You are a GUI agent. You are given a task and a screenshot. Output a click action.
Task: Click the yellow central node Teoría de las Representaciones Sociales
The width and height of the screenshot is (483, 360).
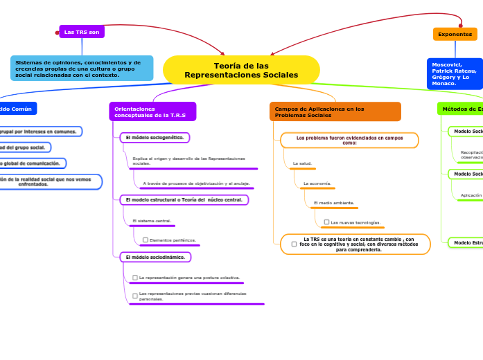[241, 70]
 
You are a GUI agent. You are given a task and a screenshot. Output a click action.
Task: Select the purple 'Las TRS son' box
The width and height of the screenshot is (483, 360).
[82, 32]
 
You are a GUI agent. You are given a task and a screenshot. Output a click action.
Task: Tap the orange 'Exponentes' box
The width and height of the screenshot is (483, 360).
[455, 34]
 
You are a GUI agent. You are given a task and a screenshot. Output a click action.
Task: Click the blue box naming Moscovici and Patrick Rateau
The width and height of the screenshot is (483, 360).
[454, 73]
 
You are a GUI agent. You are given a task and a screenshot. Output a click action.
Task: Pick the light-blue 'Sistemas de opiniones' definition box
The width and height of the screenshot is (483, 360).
[82, 69]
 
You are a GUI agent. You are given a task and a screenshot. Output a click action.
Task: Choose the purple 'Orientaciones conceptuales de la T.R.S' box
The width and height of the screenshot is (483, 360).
[152, 111]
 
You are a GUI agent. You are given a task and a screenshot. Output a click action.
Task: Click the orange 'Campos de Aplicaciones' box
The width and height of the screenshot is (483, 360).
[335, 111]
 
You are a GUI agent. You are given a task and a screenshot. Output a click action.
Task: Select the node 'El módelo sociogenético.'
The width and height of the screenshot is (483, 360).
[155, 138]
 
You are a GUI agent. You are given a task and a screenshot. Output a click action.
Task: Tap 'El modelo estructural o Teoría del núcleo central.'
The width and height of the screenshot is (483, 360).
[184, 200]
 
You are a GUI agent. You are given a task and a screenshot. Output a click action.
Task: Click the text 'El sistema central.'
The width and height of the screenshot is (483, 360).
[152, 221]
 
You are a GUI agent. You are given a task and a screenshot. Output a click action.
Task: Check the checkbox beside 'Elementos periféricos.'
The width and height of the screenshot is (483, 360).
[146, 240]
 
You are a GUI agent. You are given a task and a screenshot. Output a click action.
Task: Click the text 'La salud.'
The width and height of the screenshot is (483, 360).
[302, 163]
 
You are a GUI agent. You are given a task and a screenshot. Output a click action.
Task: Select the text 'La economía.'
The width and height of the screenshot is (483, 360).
[317, 183]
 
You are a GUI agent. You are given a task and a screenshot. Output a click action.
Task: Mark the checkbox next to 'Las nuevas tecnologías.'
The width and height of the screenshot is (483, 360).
[326, 222]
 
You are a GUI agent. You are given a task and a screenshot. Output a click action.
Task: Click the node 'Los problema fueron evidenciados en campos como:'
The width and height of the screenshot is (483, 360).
[349, 141]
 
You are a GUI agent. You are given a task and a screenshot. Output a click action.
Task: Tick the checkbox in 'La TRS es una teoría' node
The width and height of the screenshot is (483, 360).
[294, 244]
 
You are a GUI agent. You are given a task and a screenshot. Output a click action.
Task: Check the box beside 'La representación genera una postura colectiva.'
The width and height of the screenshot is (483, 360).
[135, 278]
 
